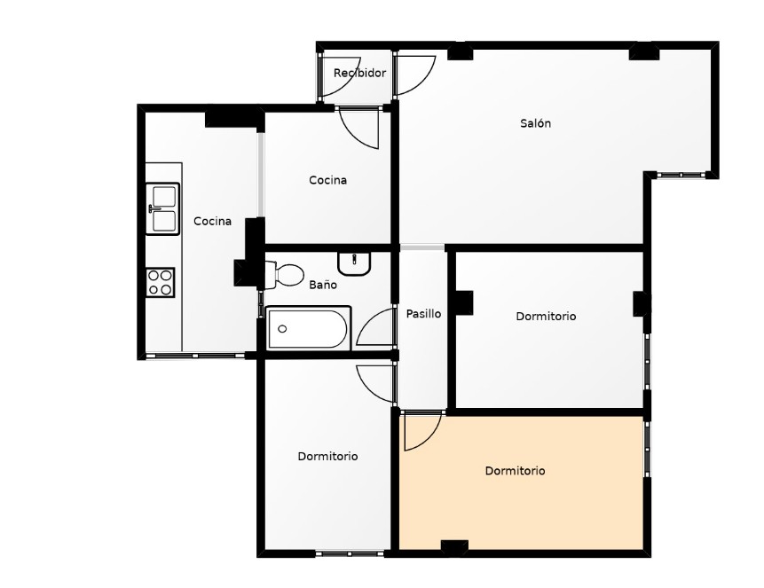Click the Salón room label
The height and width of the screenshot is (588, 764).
[535, 123]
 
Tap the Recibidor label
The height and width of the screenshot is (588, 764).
[359, 73]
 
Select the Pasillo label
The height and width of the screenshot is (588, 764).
[423, 314]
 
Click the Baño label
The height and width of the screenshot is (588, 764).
[323, 285]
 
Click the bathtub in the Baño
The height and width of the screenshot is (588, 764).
[309, 328]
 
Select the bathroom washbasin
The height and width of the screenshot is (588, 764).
[354, 263]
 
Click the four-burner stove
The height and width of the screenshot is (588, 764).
[161, 283]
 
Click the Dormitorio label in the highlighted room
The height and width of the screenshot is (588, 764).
[515, 471]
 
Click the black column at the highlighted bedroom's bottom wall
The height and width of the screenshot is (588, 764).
[454, 547]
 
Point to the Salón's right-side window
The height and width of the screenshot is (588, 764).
[681, 175]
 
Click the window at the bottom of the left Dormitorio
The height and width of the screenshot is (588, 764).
[350, 553]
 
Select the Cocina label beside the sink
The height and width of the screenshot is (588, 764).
[212, 221]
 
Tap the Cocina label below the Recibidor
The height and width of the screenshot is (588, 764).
[328, 180]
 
